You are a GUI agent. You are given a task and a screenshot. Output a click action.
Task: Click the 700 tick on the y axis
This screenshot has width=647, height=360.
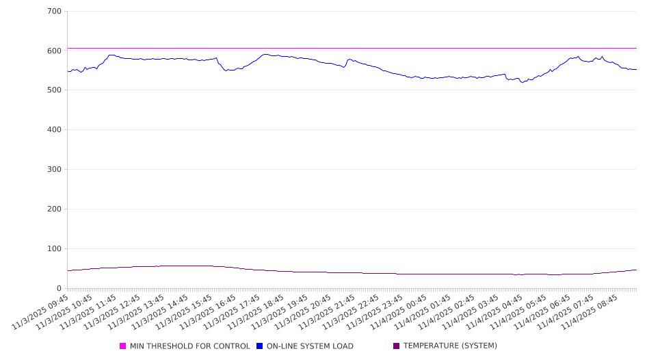coord(55,12)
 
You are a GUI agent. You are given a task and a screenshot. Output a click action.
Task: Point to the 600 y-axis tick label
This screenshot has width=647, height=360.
coord(55,51)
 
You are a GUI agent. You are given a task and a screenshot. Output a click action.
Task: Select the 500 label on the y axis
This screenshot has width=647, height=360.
coord(55,90)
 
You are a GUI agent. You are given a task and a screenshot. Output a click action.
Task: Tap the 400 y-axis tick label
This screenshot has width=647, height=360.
coord(55,130)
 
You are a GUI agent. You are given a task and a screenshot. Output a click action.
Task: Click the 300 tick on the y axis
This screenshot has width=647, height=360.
coord(55,170)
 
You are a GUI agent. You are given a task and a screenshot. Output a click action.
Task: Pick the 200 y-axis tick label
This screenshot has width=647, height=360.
coord(55,209)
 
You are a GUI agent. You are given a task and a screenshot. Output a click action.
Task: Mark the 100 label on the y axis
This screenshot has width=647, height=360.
coord(55,249)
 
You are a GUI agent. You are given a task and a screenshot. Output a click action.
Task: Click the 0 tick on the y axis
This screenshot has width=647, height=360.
coord(60,288)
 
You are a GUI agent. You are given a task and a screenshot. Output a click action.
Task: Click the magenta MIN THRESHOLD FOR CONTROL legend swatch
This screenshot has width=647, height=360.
coord(123,346)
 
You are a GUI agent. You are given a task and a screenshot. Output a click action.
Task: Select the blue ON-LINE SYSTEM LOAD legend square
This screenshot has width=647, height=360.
coord(260,346)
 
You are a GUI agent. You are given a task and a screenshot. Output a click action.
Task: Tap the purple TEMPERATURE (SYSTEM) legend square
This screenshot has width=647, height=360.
coord(397,346)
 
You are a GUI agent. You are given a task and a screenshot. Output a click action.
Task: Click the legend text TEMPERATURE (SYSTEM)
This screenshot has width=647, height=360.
coord(450,346)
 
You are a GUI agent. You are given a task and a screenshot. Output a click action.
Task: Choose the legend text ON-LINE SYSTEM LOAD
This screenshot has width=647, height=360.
coord(310,346)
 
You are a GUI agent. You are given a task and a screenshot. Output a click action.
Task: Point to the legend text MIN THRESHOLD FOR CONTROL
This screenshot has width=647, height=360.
coord(190,346)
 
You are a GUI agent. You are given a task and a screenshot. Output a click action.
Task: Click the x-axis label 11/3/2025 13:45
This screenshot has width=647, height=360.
coord(138,311)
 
